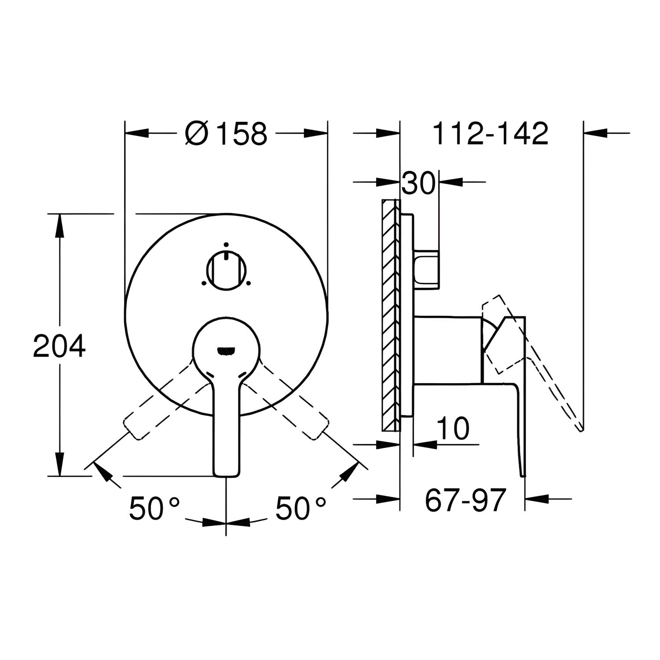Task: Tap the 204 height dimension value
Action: pos(59,346)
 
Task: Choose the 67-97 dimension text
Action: pos(464,500)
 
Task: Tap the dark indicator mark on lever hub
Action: pos(226,351)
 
